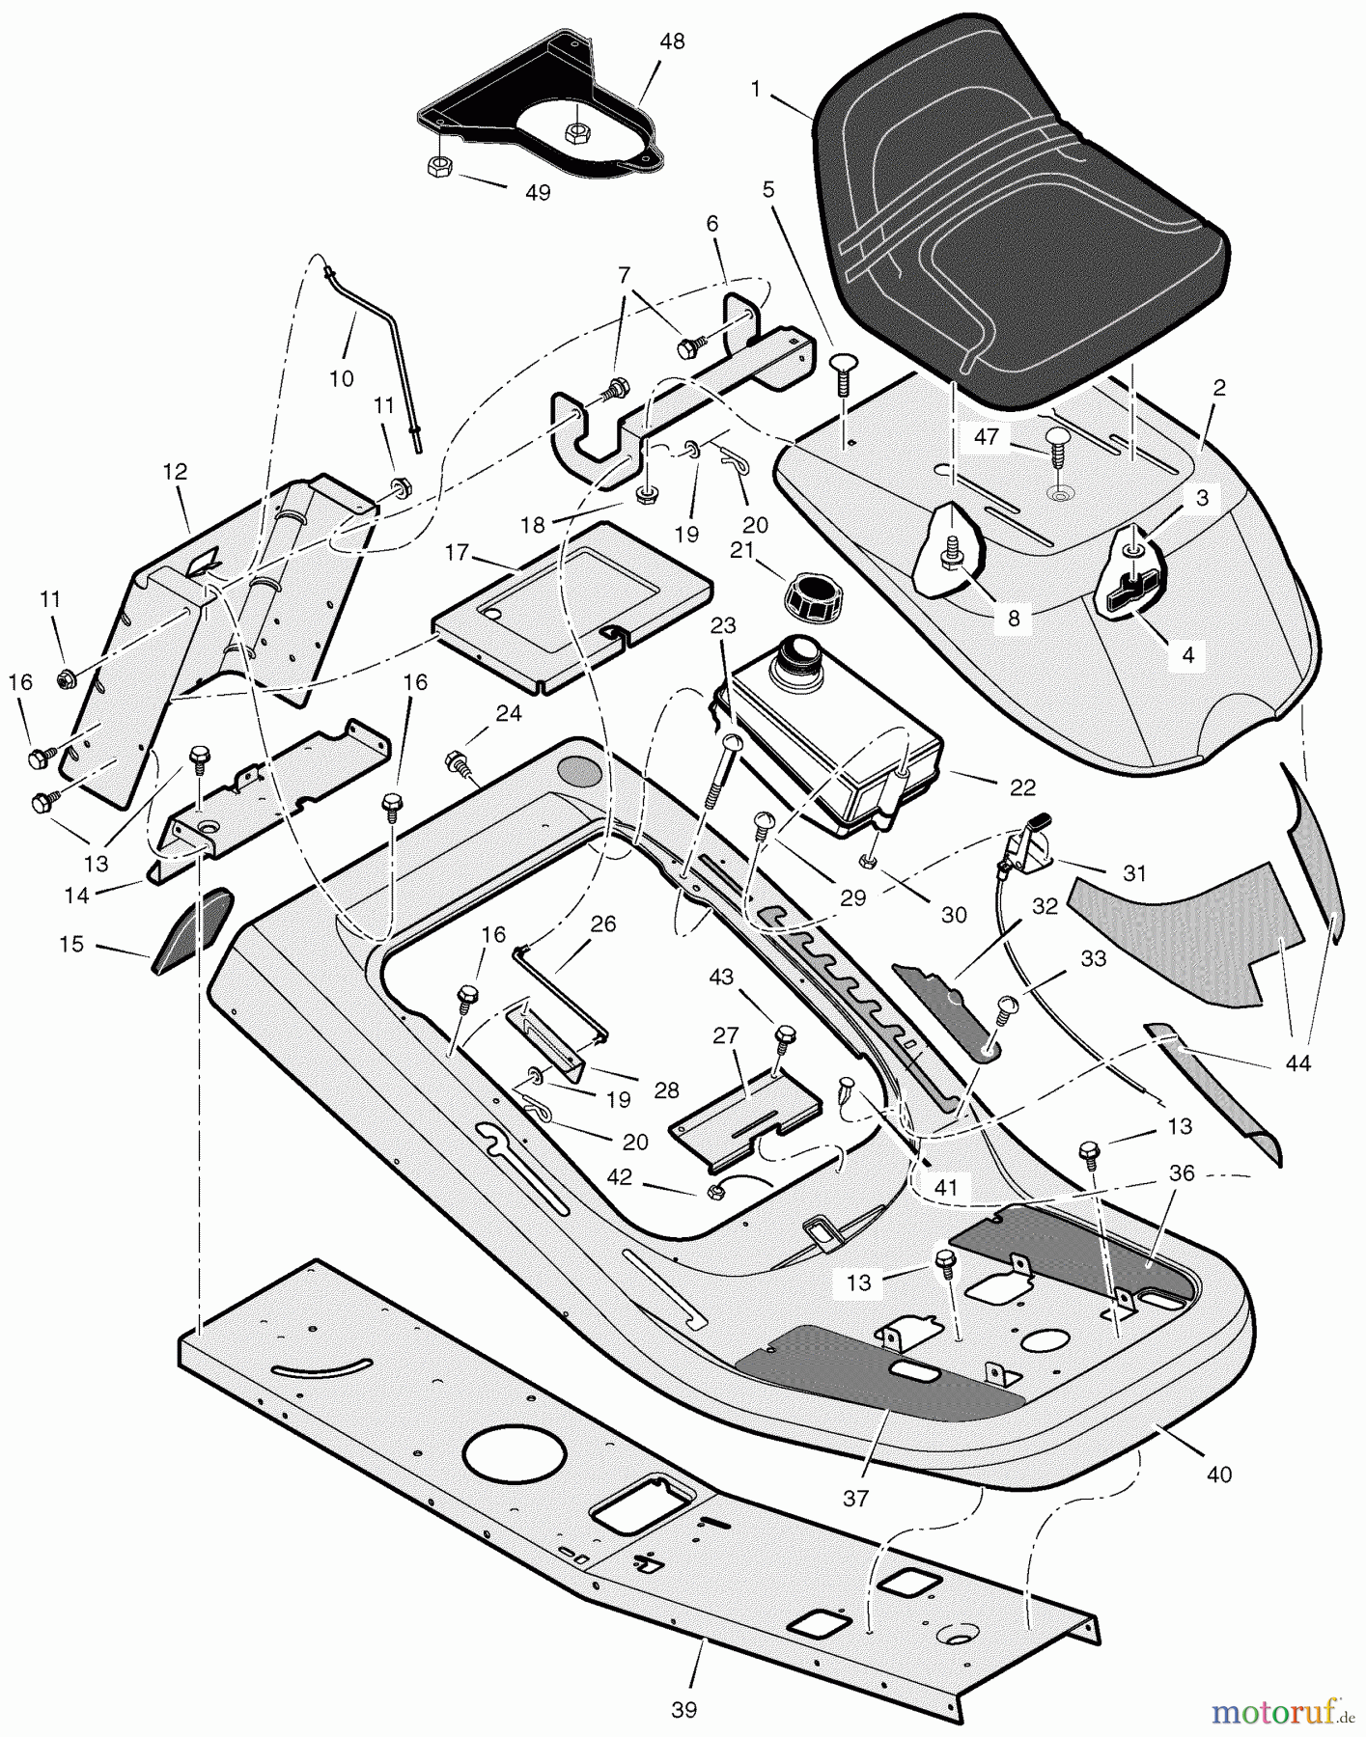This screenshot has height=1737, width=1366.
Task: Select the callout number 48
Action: coord(672,43)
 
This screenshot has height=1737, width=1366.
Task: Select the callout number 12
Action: coord(176,472)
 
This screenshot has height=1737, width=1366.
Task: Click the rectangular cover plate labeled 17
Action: coord(572,608)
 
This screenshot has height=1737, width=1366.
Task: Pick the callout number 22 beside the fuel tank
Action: coord(1021,787)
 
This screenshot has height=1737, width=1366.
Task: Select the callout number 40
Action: coord(1219,1474)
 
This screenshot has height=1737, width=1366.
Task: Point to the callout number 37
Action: coord(855,1498)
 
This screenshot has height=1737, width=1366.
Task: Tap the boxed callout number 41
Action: coord(946,1187)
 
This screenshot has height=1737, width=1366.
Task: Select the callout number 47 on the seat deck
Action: coord(986,437)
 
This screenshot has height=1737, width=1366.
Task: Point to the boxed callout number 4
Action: coord(1187,655)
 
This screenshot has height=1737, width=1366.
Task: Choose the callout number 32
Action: coord(1045,906)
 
